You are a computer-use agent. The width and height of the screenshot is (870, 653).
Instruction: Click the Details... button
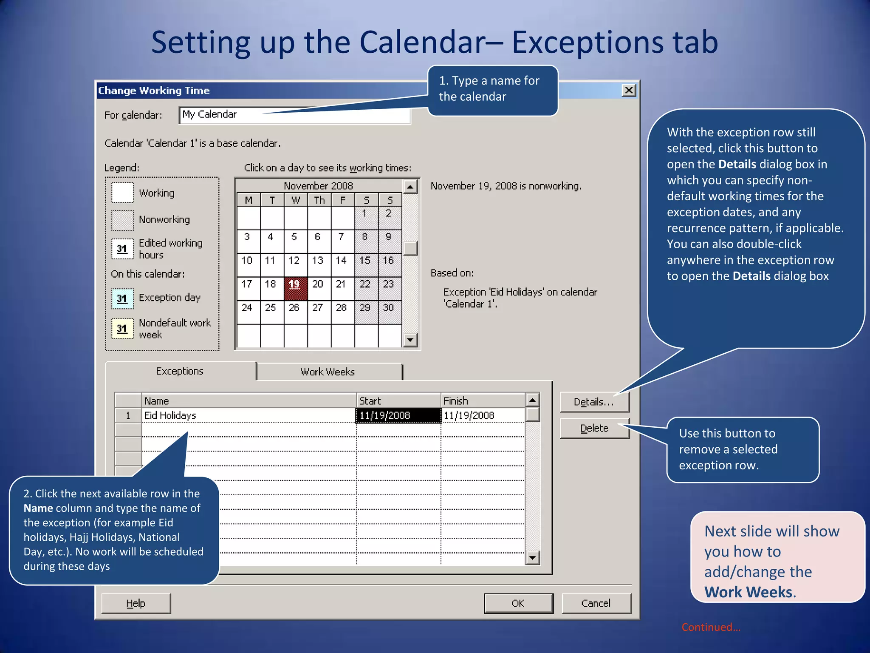(x=594, y=402)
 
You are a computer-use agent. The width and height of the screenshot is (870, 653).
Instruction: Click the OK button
(x=518, y=603)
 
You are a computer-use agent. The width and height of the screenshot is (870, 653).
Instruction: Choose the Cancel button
(x=596, y=603)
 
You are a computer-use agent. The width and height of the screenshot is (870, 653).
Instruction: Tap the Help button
(x=136, y=603)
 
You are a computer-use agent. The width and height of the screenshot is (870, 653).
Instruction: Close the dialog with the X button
(x=629, y=90)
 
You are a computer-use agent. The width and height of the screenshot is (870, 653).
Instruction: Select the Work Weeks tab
(x=328, y=372)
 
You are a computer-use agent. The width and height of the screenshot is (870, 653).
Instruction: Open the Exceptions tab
(x=180, y=371)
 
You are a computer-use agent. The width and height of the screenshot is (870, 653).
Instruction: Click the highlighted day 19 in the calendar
(x=294, y=284)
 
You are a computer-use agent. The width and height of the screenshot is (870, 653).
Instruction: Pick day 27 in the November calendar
(x=318, y=308)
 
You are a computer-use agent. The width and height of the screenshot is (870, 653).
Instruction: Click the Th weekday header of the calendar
(x=319, y=200)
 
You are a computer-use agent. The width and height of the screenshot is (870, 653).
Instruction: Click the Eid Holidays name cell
(x=249, y=415)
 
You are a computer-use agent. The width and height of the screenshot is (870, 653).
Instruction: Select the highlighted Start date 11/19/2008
(x=398, y=415)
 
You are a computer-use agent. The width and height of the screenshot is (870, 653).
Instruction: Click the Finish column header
(x=483, y=401)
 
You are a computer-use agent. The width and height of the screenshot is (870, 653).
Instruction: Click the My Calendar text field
(x=295, y=115)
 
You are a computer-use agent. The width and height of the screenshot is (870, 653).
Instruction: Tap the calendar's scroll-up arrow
(x=410, y=187)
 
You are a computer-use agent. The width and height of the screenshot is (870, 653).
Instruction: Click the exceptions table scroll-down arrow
(x=532, y=557)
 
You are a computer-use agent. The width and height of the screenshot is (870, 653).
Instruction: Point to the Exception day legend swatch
(x=122, y=298)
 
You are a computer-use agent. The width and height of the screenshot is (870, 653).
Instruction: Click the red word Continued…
(x=711, y=627)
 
